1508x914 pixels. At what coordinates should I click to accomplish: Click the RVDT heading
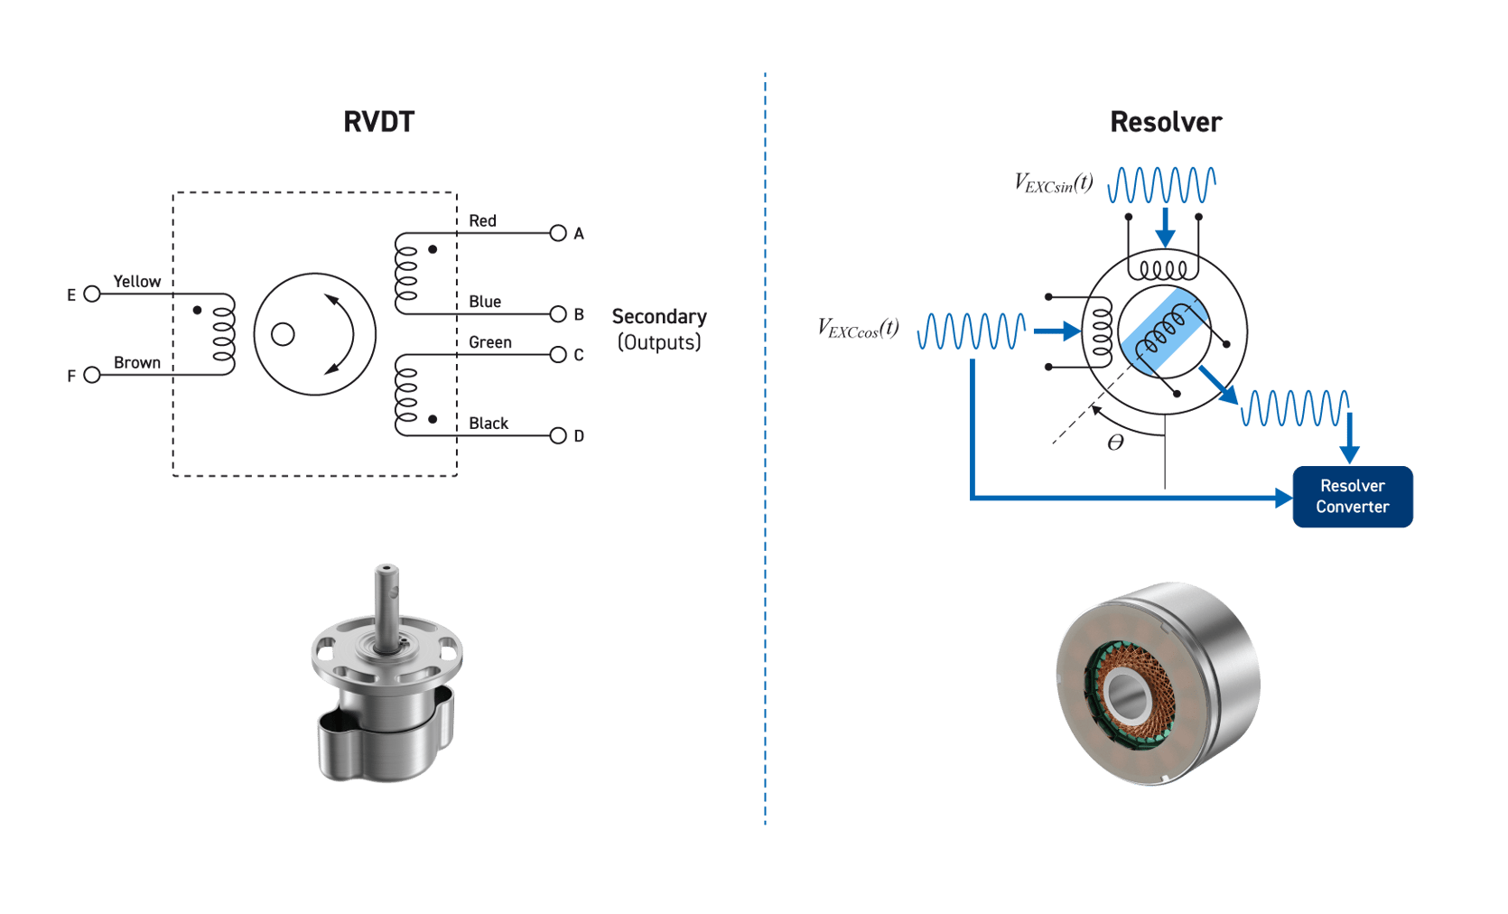(x=378, y=122)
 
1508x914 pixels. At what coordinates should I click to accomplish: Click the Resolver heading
(x=1166, y=122)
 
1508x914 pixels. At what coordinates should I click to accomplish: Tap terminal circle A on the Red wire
(x=558, y=233)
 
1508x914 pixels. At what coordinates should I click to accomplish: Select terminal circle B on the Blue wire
(x=558, y=314)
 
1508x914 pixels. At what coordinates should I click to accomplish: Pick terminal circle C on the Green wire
(x=558, y=355)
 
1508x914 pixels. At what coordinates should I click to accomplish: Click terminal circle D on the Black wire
(x=558, y=435)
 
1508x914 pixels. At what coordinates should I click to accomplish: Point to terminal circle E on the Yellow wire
(x=91, y=294)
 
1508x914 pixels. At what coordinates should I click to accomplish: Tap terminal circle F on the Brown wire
(x=91, y=375)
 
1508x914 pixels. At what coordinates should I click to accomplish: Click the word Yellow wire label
(x=137, y=281)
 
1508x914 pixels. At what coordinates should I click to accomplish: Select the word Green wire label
(x=490, y=342)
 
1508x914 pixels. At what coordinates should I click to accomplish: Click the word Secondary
(x=659, y=316)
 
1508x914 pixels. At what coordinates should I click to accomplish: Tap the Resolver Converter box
(x=1352, y=497)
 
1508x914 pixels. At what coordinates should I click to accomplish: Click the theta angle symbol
(x=1115, y=443)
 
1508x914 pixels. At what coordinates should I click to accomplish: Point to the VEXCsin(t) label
(x=1053, y=183)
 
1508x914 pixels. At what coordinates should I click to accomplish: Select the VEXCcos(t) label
(x=858, y=328)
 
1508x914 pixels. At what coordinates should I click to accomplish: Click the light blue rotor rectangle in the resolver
(x=1163, y=331)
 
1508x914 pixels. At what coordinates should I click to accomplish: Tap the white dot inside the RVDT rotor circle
(x=283, y=335)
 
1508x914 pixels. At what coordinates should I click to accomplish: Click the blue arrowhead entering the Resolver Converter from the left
(x=1282, y=498)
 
